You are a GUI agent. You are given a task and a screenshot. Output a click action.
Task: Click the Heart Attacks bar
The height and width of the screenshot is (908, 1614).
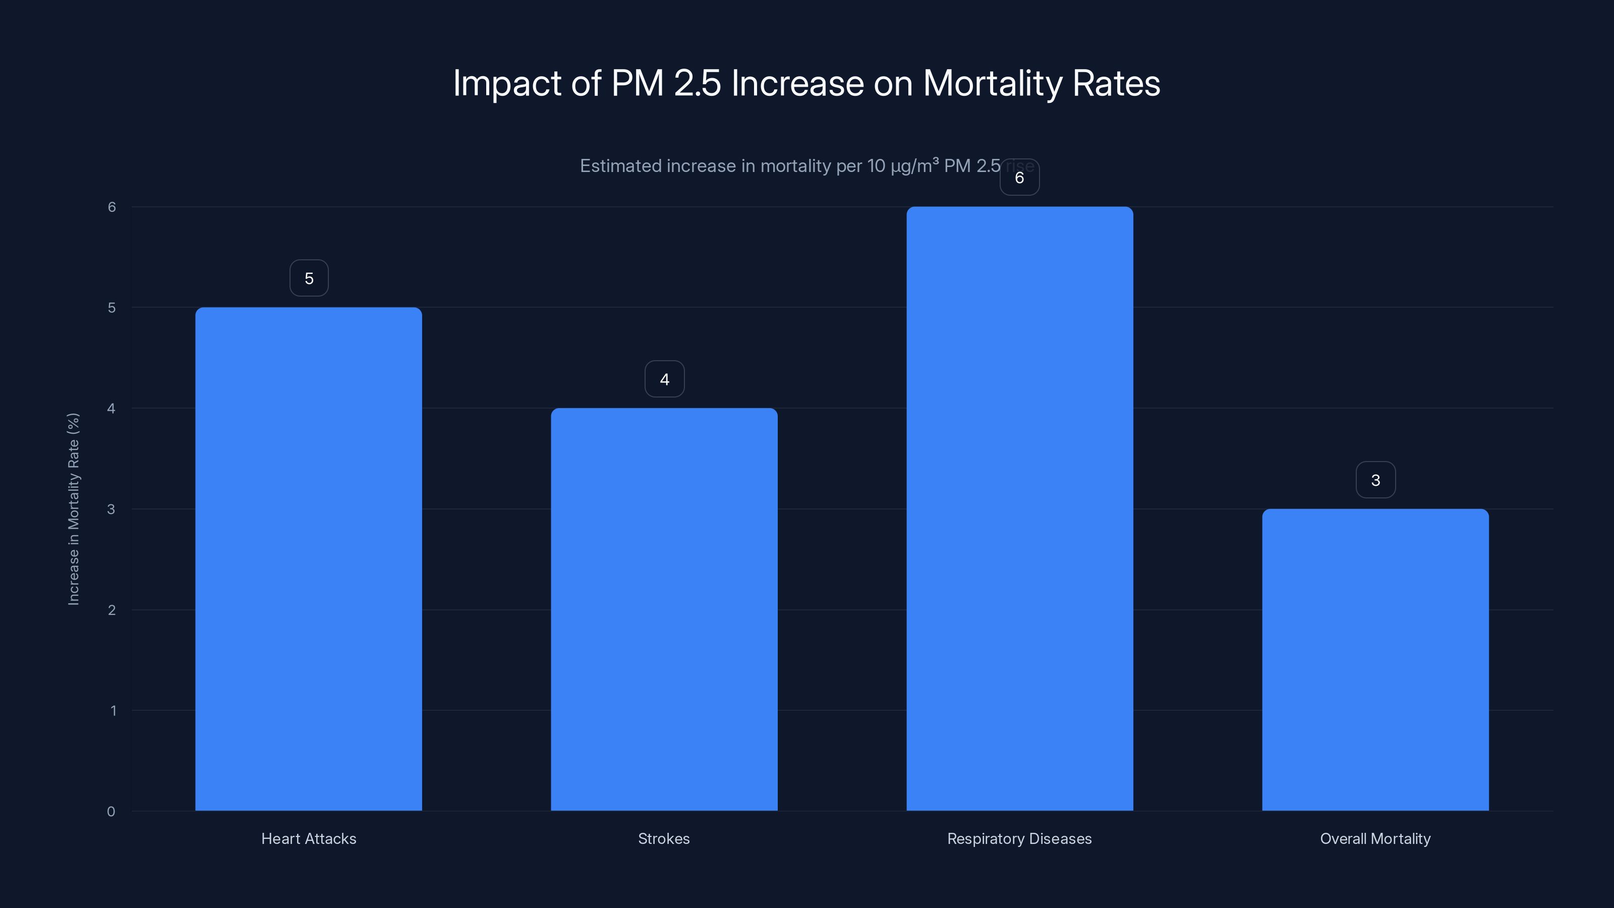[x=308, y=559]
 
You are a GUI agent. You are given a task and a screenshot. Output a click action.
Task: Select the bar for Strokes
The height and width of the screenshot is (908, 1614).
[x=664, y=609]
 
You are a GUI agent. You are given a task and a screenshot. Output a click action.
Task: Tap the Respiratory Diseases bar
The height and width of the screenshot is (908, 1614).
[x=1019, y=509]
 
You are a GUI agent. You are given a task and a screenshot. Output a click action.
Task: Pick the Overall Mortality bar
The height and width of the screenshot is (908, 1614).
[x=1375, y=659]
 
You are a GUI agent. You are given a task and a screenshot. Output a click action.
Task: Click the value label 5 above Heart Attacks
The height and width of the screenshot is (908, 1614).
[x=309, y=278]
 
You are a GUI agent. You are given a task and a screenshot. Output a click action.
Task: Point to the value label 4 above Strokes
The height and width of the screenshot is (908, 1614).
[x=664, y=379]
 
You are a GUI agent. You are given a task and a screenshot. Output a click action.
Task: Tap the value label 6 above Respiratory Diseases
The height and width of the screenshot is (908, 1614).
[x=1019, y=178]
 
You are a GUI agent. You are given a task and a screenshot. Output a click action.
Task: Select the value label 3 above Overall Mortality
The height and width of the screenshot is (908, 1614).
[x=1375, y=480]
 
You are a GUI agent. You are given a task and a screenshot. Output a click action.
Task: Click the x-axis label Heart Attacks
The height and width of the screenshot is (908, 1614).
[x=308, y=838]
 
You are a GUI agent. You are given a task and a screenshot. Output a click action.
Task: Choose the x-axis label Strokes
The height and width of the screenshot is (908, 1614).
[x=664, y=838]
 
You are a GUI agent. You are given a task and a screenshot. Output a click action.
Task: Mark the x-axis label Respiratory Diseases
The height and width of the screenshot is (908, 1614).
[x=1019, y=838]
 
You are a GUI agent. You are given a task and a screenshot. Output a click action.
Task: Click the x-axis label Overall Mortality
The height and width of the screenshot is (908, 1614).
[x=1375, y=838]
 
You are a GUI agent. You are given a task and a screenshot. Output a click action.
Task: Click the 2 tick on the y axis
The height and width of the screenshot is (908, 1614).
[x=111, y=610]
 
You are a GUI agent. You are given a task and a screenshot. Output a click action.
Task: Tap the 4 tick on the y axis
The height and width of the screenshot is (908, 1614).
[x=111, y=409]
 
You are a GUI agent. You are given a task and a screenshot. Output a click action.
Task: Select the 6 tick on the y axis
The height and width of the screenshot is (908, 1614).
[x=111, y=207]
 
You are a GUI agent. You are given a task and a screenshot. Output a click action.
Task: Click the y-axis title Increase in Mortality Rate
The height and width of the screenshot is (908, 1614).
[x=73, y=509]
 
